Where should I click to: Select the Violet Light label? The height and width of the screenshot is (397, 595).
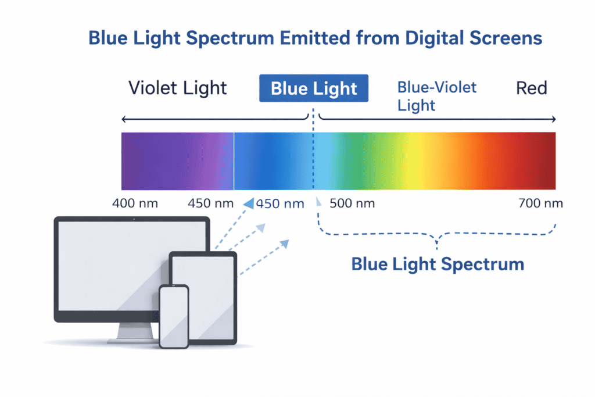[178, 88]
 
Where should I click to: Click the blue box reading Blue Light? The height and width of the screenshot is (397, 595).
[314, 88]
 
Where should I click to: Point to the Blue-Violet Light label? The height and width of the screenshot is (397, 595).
[436, 96]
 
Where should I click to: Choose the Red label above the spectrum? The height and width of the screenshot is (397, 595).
[532, 88]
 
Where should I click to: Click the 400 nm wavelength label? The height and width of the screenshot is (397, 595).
[135, 203]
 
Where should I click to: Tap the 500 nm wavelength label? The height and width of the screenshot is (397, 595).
[352, 203]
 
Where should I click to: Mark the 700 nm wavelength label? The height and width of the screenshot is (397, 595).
[540, 203]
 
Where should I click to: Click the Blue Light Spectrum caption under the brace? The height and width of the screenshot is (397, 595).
[438, 264]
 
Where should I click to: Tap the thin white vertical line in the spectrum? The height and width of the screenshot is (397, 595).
[234, 161]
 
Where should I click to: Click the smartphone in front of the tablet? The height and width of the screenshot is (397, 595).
[174, 317]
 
